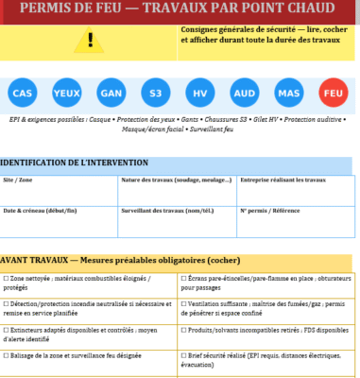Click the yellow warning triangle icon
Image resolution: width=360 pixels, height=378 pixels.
91,41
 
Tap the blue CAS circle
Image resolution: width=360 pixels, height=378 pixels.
23,93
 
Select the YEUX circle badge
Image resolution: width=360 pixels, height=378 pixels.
67,93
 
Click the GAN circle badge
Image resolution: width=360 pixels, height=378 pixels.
111,93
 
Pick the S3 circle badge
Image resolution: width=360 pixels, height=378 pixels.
156,93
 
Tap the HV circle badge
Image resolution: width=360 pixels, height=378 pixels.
200,93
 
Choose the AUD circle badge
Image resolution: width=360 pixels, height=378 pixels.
245,93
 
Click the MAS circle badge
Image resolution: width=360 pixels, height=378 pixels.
289,93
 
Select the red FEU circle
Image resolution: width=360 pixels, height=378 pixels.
334,93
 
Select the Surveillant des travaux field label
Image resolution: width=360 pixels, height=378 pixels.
162,210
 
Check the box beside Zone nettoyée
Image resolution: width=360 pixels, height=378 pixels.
6,279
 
